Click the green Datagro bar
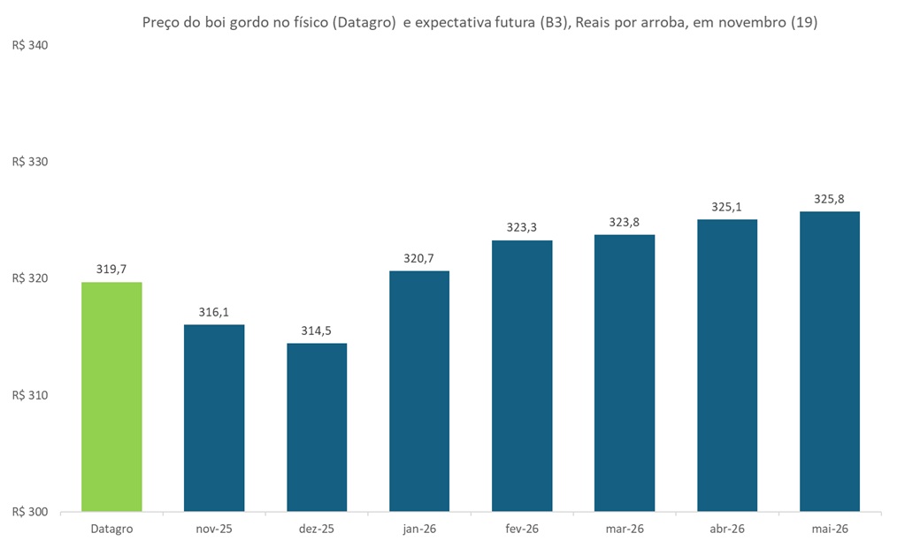click(111, 396)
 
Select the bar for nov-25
click(214, 417)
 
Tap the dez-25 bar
click(317, 427)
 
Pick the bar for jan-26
click(419, 391)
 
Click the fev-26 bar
click(522, 376)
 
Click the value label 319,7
click(111, 270)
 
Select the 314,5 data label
click(317, 331)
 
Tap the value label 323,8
click(625, 222)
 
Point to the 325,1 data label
click(727, 207)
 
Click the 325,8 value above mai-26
click(830, 199)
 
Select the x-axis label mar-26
click(625, 529)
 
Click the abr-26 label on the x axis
click(727, 529)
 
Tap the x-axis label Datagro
click(111, 529)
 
